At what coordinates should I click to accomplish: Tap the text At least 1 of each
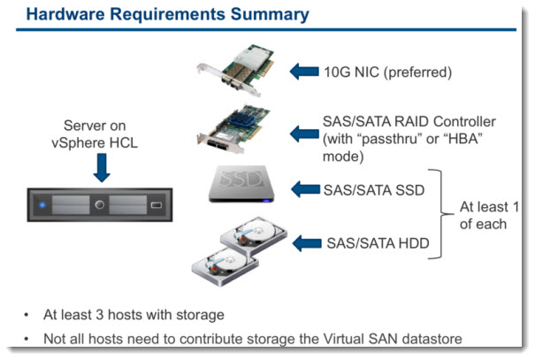488,215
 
